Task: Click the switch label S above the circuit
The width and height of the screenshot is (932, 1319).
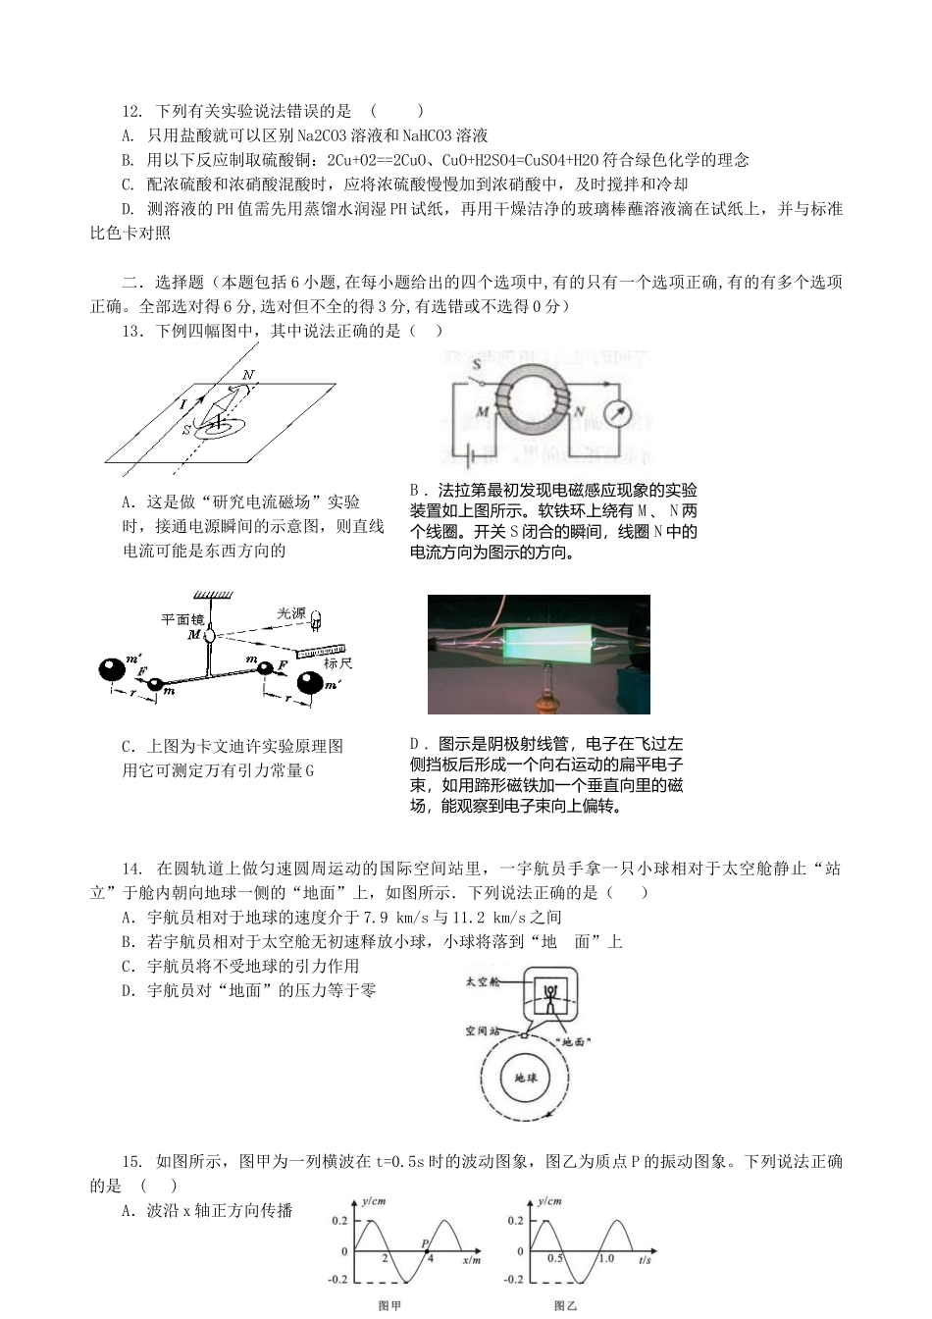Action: click(x=478, y=365)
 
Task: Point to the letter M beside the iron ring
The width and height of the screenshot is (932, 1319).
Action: click(x=483, y=411)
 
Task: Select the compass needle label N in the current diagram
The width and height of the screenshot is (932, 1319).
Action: click(x=248, y=376)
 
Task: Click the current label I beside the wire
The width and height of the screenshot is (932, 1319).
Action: click(x=181, y=403)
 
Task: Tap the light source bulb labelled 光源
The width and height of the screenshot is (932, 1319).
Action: click(x=316, y=619)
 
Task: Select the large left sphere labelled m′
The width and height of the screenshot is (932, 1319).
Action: click(x=113, y=670)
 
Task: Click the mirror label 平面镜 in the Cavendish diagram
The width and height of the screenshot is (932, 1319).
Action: click(x=183, y=618)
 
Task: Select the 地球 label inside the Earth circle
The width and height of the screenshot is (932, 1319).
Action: click(x=526, y=1077)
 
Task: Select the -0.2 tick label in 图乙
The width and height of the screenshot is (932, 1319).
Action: click(x=514, y=1280)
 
